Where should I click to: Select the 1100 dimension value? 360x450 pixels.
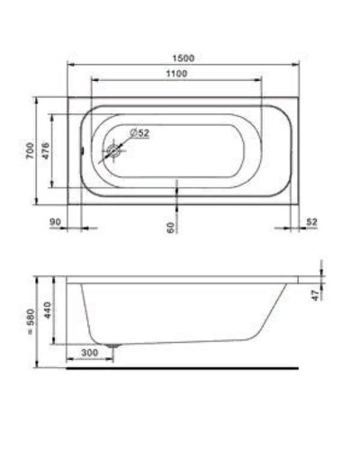coord(177,74)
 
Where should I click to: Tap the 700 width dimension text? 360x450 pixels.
coord(30,150)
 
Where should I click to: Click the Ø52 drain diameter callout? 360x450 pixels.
coord(139,133)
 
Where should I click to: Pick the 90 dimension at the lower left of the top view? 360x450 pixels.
coord(56,220)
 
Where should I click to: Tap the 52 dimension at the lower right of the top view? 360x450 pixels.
coord(312,220)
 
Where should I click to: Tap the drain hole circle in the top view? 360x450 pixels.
coord(114,151)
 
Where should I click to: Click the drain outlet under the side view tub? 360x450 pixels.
coord(113,346)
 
